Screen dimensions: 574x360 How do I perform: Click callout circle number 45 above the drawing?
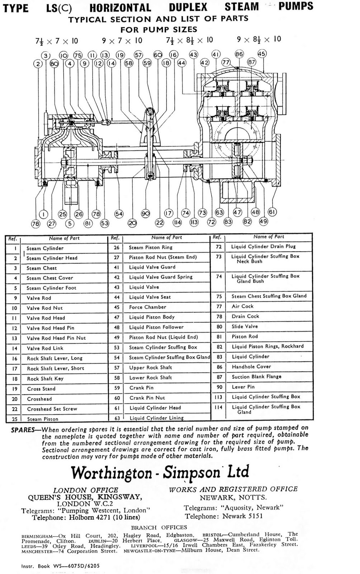tap(262, 54)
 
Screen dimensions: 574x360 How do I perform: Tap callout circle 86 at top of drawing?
tap(239, 54)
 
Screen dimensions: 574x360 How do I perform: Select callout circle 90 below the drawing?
tap(145, 214)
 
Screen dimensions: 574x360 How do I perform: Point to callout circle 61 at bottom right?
tap(272, 212)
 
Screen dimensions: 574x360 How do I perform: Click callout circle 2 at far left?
tap(38, 64)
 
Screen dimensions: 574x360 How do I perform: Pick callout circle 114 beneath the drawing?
tap(177, 222)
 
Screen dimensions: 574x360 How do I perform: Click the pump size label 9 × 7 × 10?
tap(122, 41)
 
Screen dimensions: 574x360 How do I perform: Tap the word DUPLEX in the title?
tap(188, 7)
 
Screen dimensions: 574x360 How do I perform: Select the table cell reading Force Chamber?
tap(147, 307)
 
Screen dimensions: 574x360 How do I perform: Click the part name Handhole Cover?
tap(251, 367)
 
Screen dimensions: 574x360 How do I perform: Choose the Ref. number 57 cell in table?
tap(116, 367)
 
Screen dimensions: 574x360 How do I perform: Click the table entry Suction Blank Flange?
tap(256, 377)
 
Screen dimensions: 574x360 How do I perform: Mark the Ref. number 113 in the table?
tap(219, 397)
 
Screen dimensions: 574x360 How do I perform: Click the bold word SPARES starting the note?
tap(23, 430)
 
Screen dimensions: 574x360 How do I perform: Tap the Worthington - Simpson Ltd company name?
tap(160, 472)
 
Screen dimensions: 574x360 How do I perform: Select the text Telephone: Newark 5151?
tap(224, 516)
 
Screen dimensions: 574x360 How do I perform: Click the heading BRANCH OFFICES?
tap(159, 527)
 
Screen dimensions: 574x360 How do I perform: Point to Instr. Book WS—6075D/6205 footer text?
tap(60, 566)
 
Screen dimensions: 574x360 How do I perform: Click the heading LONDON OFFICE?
tap(86, 490)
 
